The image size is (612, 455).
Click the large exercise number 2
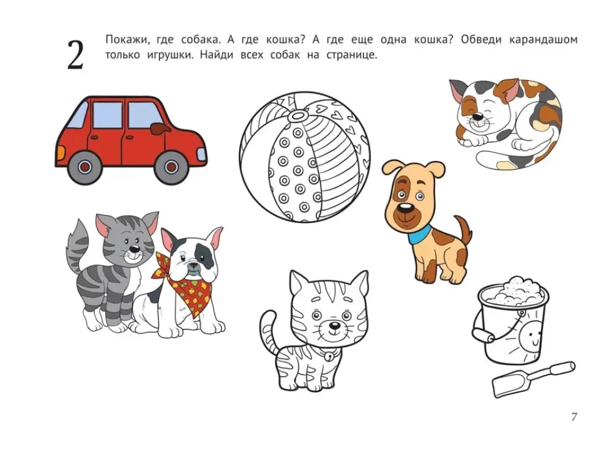(75, 55)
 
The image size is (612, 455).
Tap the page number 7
(574, 417)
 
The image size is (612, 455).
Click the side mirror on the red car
(159, 128)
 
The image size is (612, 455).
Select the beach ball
(305, 157)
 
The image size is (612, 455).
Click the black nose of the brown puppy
(406, 208)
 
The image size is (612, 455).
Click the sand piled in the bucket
(514, 291)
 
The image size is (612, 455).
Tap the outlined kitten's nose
(334, 325)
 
